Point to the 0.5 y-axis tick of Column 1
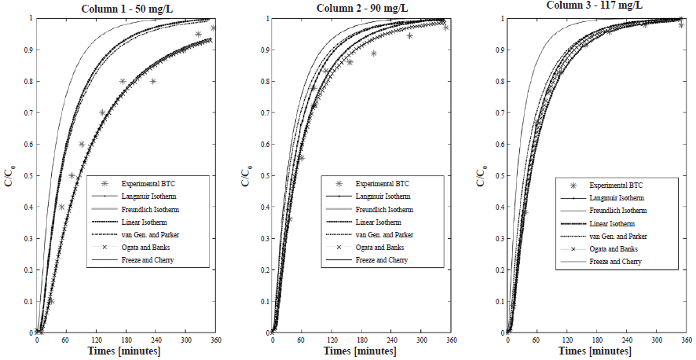[27, 175]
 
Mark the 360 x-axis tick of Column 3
[687, 340]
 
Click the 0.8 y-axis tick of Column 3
[498, 81]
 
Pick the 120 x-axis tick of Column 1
[97, 340]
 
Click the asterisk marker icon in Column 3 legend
[573, 185]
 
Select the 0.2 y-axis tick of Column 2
[262, 270]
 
